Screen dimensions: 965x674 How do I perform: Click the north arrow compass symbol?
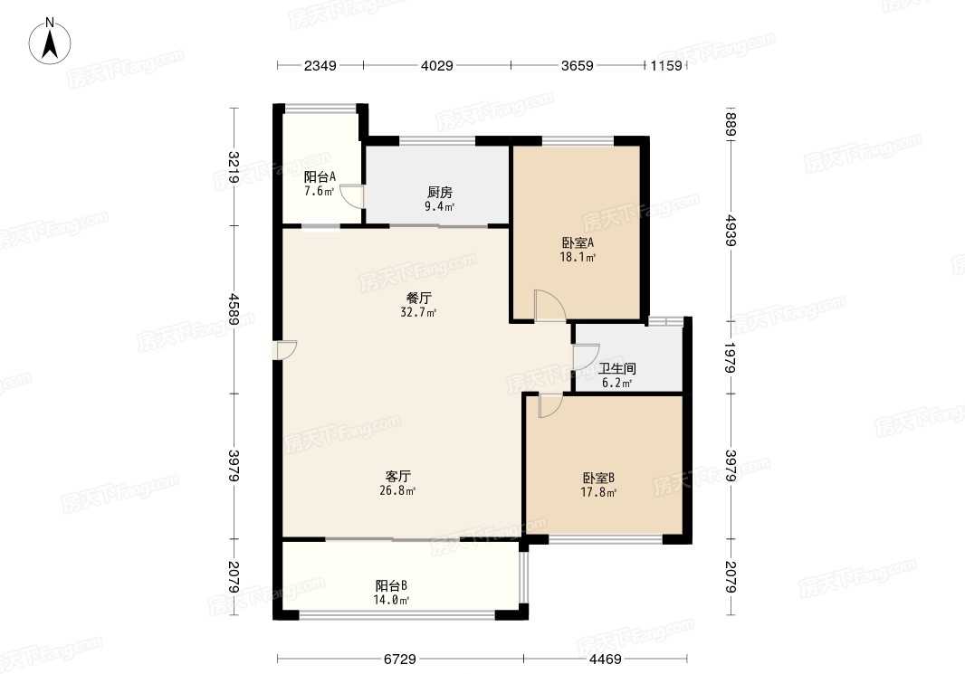[50, 41]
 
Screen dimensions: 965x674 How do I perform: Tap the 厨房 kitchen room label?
[439, 193]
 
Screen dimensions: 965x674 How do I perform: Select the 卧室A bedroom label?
[578, 242]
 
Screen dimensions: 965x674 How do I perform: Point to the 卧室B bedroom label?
[598, 478]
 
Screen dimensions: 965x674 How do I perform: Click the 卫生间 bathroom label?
[616, 369]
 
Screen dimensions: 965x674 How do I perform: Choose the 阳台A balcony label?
[320, 177]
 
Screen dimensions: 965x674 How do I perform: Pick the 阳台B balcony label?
[391, 585]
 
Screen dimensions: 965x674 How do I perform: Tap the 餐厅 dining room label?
[419, 299]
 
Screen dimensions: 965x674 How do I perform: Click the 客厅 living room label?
[397, 476]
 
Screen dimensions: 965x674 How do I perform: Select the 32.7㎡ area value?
[418, 312]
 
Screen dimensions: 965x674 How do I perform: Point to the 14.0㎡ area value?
[391, 600]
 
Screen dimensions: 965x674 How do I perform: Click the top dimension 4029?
[437, 65]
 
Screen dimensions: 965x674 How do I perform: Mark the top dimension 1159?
[666, 65]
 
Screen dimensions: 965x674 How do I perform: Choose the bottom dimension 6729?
[400, 660]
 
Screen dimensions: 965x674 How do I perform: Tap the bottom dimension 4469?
[606, 660]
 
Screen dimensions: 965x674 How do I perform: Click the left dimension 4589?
[234, 309]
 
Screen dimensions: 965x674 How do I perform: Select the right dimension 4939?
[731, 230]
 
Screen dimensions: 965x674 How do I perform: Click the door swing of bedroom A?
[549, 306]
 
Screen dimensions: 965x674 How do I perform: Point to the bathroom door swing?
[586, 356]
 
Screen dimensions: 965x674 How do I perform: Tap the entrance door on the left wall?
[285, 350]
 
